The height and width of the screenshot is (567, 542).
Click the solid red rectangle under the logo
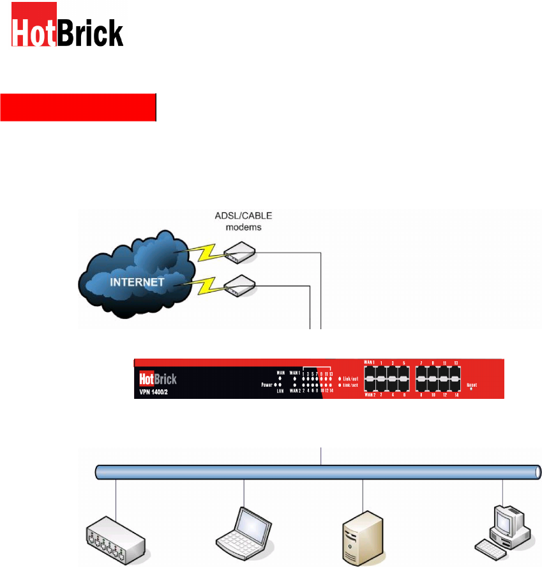point(78,107)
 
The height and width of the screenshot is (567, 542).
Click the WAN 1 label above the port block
point(368,362)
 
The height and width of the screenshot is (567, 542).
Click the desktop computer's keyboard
point(485,548)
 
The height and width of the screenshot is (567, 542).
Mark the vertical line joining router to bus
point(321,456)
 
